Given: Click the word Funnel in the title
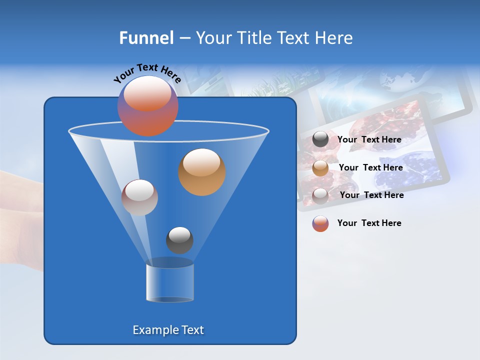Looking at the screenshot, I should click(x=146, y=38).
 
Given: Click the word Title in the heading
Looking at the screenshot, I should click(x=253, y=38).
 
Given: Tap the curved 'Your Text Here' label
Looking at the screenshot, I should click(x=147, y=73).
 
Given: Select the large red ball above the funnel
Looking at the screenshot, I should click(x=148, y=106).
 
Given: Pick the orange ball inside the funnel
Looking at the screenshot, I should click(x=202, y=172).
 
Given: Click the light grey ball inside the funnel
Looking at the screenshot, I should click(x=139, y=197).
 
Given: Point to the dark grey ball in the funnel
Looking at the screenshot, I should click(x=179, y=240).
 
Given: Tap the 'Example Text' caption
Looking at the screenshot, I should click(x=168, y=330).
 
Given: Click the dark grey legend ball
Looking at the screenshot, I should click(x=320, y=139).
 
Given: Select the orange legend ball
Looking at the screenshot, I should click(x=320, y=168).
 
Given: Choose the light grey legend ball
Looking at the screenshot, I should click(x=320, y=195).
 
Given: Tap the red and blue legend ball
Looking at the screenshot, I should click(x=320, y=223).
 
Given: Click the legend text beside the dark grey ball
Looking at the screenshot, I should click(x=369, y=140).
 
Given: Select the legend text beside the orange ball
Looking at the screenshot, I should click(x=370, y=168).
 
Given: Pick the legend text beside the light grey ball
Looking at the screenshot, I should click(x=371, y=195).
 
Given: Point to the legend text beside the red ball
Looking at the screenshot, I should click(x=369, y=223).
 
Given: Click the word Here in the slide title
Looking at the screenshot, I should click(x=334, y=38).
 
